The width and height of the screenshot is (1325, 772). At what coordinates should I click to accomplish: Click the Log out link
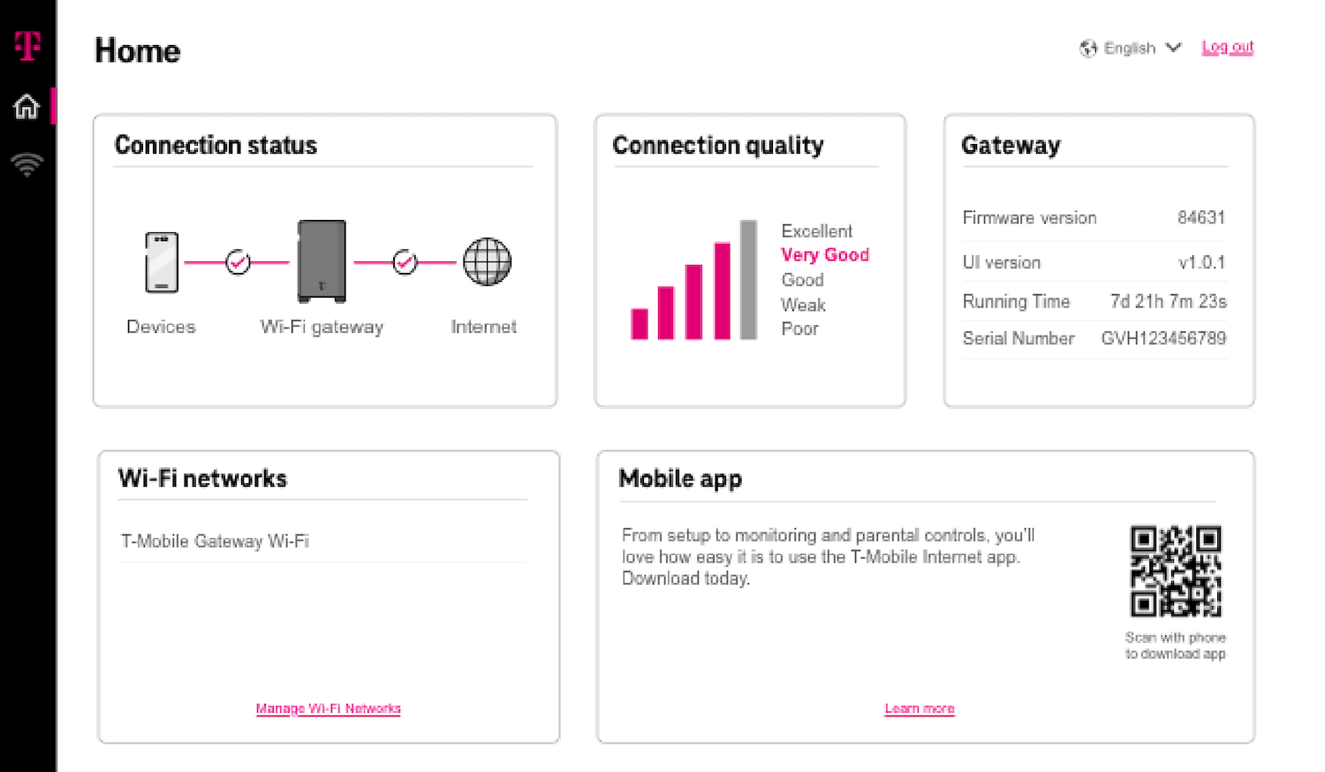[x=1227, y=48]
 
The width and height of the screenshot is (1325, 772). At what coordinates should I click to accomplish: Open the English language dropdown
[x=1130, y=49]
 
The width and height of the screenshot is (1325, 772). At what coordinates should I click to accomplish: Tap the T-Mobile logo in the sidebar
[x=27, y=45]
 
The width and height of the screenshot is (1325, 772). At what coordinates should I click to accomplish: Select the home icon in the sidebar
[x=26, y=107]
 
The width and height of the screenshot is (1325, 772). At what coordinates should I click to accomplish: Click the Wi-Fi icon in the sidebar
[x=26, y=164]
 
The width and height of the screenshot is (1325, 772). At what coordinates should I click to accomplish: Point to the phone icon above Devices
[x=162, y=262]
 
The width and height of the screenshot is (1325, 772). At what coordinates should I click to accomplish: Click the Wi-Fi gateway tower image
[x=322, y=261]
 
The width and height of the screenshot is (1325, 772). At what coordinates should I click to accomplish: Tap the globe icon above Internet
[x=487, y=262]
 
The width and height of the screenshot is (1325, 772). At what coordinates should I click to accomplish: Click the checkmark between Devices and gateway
[x=238, y=262]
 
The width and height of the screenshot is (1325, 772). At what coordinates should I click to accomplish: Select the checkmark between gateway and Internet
[x=405, y=262]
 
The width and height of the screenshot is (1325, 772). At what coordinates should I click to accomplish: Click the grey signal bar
[x=748, y=280]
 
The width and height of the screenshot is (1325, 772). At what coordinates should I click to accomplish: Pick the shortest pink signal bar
[x=640, y=323]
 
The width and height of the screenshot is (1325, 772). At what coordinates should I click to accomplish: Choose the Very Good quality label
[x=825, y=255]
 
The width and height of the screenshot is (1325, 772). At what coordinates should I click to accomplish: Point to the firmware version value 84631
[x=1200, y=218]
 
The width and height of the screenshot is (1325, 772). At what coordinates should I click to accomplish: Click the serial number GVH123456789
[x=1163, y=338]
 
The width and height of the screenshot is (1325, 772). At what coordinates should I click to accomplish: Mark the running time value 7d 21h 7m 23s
[x=1168, y=302]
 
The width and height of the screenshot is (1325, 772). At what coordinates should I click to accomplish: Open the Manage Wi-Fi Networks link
[x=328, y=708]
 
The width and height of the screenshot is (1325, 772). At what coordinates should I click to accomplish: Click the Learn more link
[x=920, y=708]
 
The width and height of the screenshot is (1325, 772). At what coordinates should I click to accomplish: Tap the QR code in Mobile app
[x=1176, y=571]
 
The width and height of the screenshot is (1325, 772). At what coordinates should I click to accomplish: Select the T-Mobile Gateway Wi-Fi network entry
[x=216, y=541]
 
